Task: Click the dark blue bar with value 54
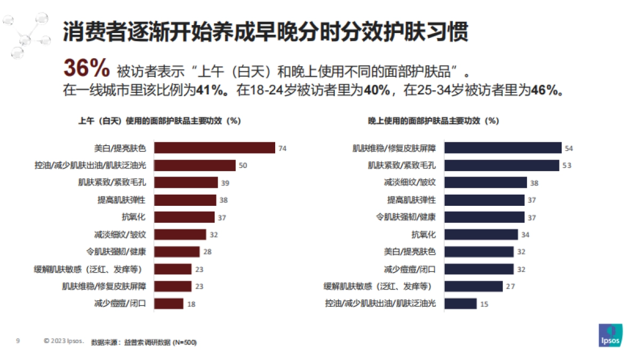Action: pyautogui.click(x=503, y=148)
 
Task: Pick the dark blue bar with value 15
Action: pyautogui.click(x=461, y=303)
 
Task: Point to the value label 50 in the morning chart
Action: pyautogui.click(x=243, y=165)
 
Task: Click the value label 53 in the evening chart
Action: pyautogui.click(x=566, y=165)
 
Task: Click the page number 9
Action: pyautogui.click(x=18, y=341)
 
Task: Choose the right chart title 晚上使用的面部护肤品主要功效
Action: pyautogui.click(x=433, y=121)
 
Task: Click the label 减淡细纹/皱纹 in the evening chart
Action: pyautogui.click(x=410, y=182)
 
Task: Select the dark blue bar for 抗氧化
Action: pyautogui.click(x=481, y=235)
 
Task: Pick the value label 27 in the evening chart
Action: pyautogui.click(x=510, y=286)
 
